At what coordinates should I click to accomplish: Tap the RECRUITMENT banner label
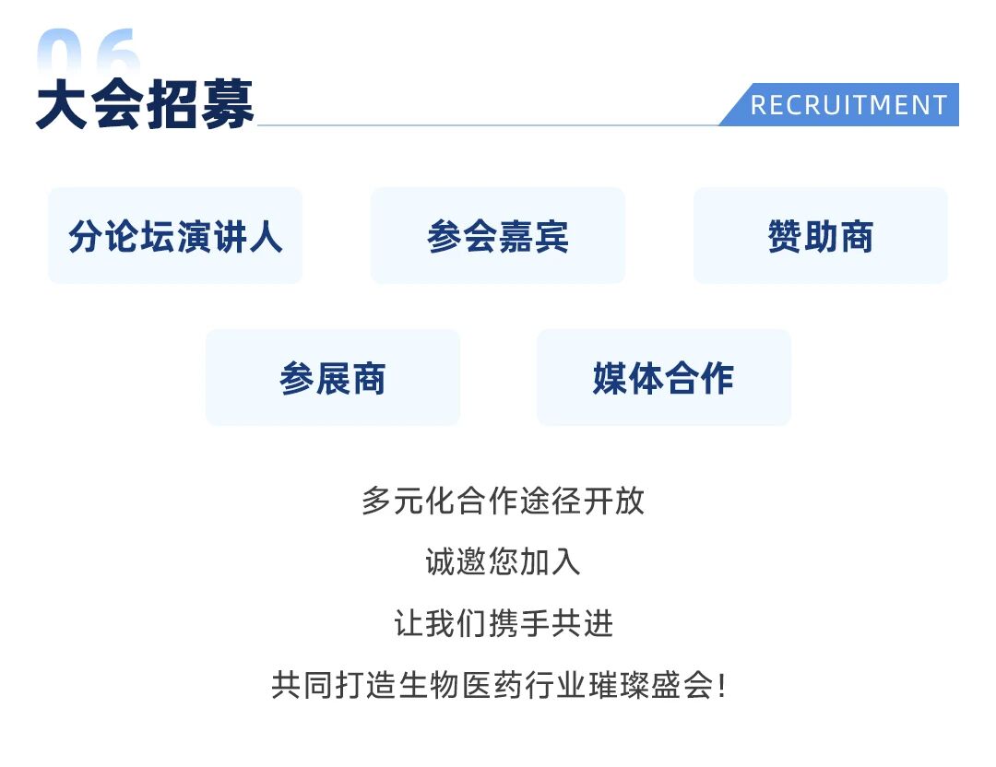(x=848, y=105)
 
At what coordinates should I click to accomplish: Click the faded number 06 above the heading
(x=89, y=52)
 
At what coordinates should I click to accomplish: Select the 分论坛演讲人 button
(x=175, y=236)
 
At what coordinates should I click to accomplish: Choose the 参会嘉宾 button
(x=498, y=236)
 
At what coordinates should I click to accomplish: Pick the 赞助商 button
(x=821, y=236)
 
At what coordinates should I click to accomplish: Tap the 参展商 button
(x=333, y=378)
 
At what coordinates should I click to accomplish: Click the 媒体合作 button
(x=664, y=378)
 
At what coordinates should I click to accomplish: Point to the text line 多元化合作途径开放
(x=504, y=501)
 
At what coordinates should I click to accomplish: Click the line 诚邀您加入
(x=504, y=562)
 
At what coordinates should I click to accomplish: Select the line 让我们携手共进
(x=504, y=623)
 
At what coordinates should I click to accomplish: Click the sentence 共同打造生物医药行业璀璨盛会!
(x=499, y=685)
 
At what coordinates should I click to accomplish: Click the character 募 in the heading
(x=228, y=105)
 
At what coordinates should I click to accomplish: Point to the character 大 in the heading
(x=62, y=105)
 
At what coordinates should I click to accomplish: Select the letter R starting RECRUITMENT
(x=758, y=105)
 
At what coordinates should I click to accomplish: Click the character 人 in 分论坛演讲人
(x=266, y=236)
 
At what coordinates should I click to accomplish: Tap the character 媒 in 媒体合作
(x=611, y=378)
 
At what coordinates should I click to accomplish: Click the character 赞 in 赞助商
(x=785, y=236)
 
